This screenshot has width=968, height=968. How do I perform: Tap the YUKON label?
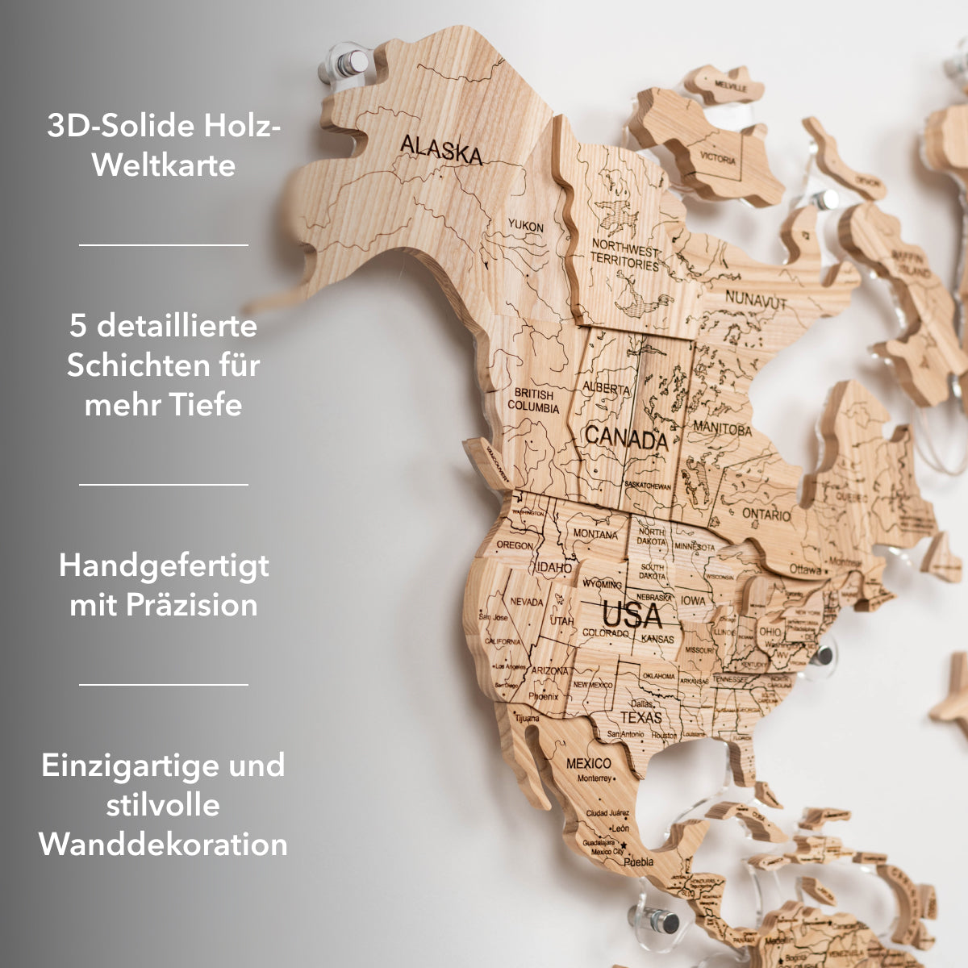click(x=526, y=227)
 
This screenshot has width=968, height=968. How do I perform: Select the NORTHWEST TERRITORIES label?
click(x=625, y=253)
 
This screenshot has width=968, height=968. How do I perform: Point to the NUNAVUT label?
click(x=755, y=299)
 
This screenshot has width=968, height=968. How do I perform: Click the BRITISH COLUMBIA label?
click(x=532, y=401)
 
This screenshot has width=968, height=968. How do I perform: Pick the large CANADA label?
click(x=626, y=439)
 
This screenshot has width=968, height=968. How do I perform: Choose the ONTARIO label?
click(x=766, y=514)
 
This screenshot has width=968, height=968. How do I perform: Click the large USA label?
click(x=632, y=616)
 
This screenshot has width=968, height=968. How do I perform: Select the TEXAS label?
click(x=640, y=717)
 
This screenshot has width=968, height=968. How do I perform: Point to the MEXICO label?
click(x=588, y=763)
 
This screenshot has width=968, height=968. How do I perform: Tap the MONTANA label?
click(x=595, y=534)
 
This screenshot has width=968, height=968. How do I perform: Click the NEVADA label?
click(x=526, y=602)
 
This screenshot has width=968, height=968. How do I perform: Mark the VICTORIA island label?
click(x=717, y=157)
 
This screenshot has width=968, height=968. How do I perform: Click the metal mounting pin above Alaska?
click(x=346, y=64)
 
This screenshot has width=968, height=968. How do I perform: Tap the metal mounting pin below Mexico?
click(x=665, y=920)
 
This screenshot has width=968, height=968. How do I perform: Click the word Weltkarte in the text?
click(x=164, y=165)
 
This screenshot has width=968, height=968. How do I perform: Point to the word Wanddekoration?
click(x=164, y=844)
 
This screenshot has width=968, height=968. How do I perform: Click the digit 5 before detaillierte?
click(x=77, y=326)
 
